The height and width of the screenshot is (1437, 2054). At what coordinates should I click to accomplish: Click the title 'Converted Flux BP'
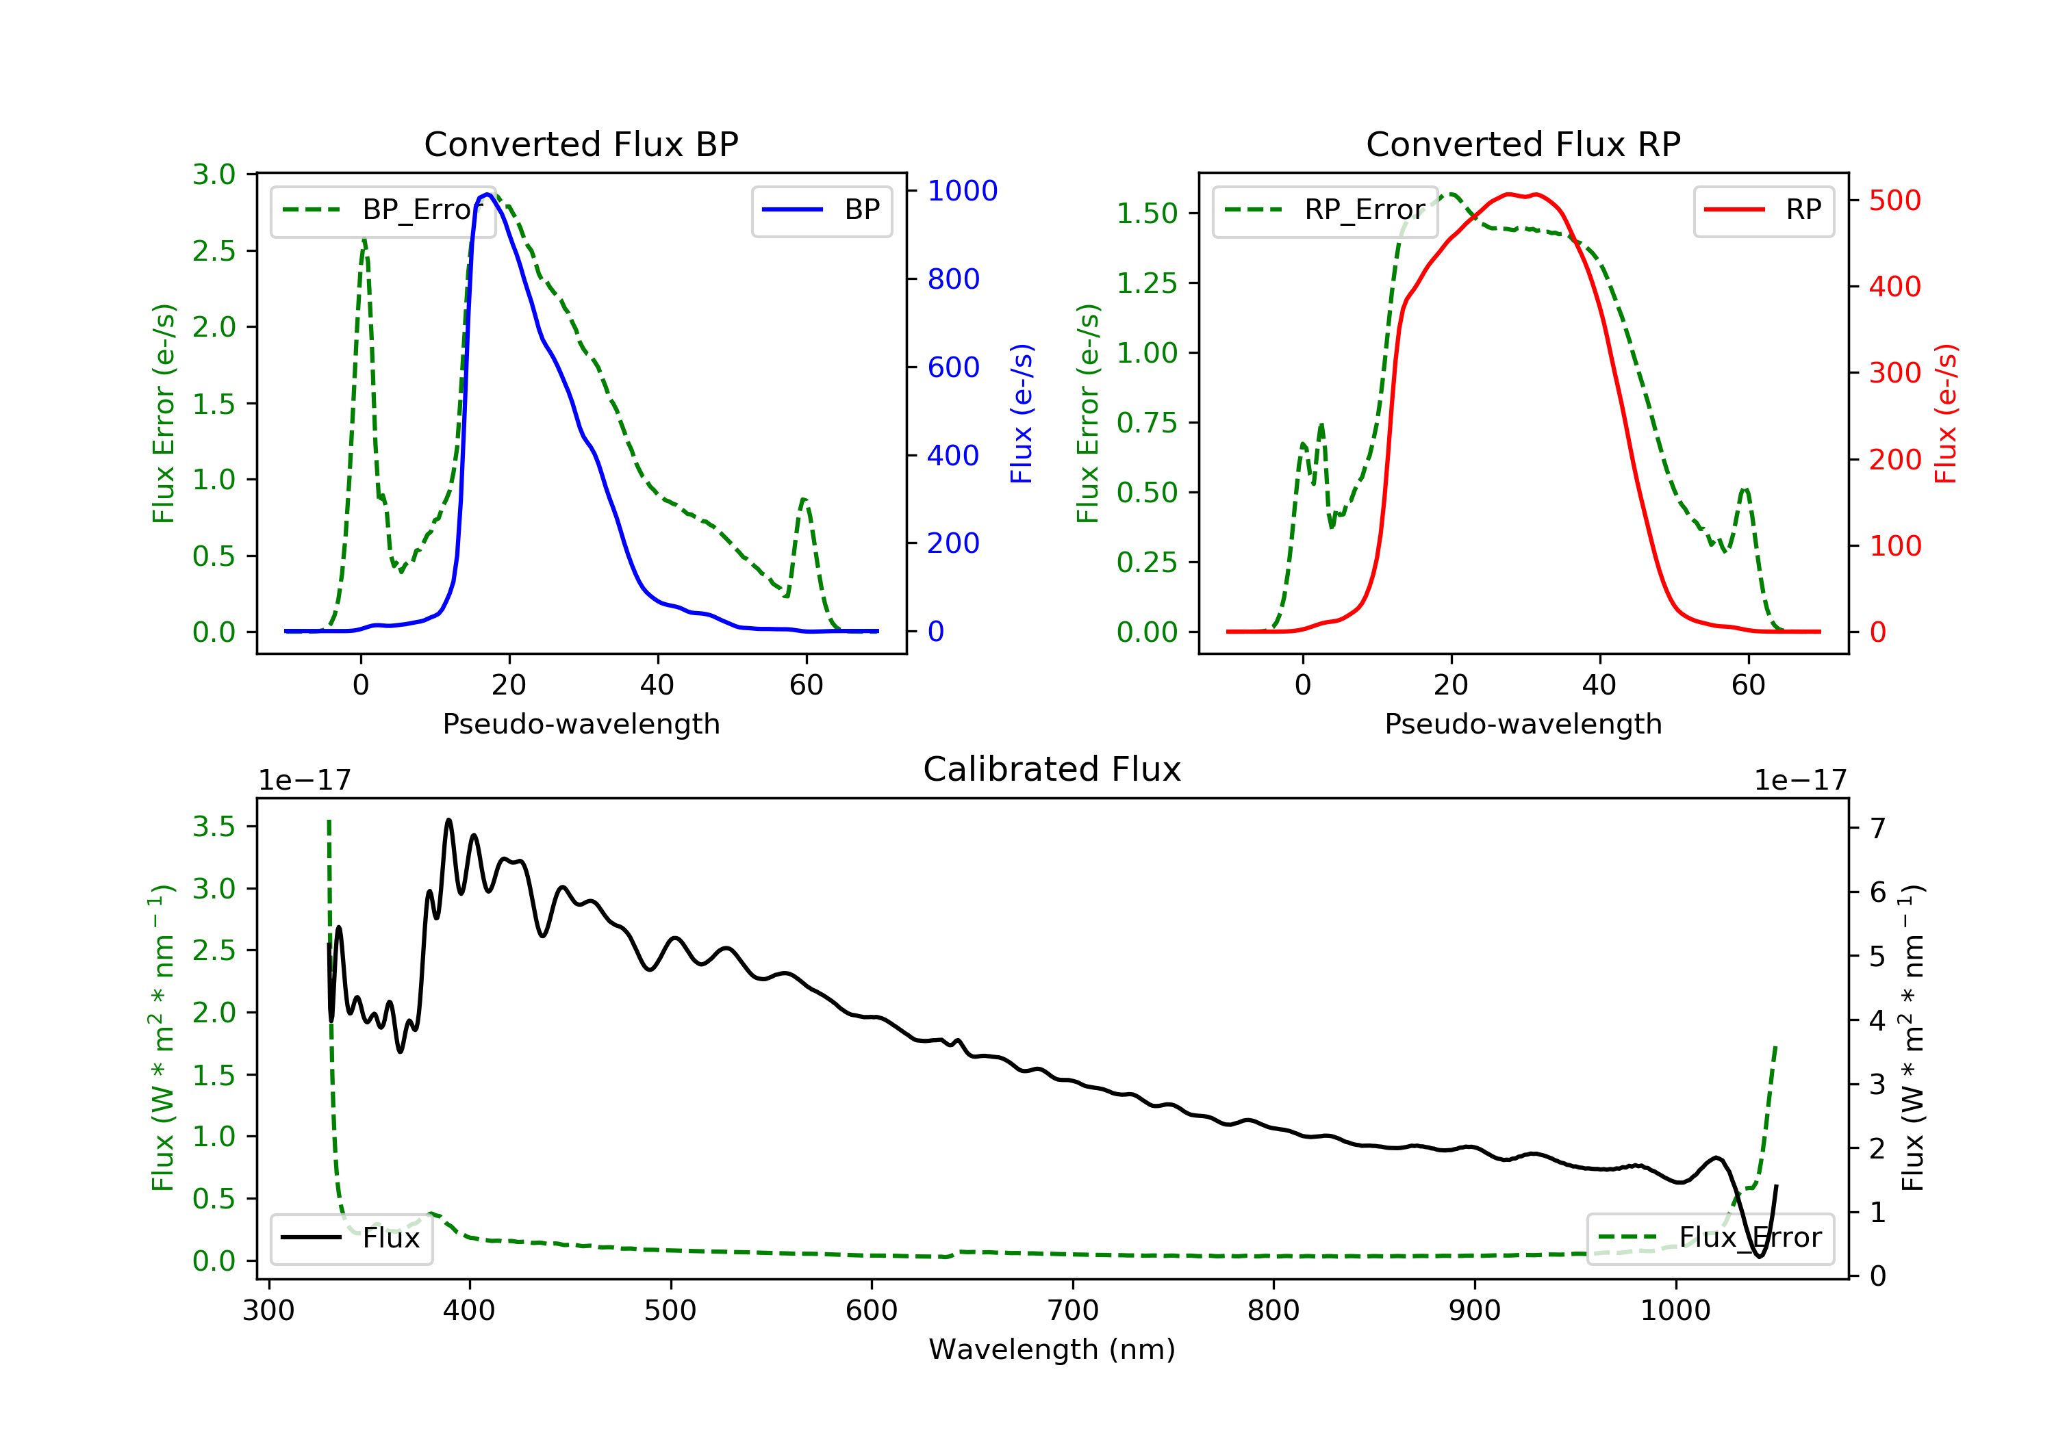click(581, 144)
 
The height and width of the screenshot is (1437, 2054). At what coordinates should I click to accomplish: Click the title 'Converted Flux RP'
click(1523, 144)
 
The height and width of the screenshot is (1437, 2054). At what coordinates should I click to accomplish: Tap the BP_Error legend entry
click(382, 210)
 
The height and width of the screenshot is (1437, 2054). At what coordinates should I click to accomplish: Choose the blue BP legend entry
click(821, 210)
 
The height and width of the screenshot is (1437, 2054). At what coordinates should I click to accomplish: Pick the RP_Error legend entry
click(1324, 210)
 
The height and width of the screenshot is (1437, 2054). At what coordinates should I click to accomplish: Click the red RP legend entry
click(1763, 210)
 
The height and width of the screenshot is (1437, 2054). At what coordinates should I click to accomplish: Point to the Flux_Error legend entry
click(1710, 1238)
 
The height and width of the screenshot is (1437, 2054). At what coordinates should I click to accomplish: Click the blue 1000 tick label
click(963, 190)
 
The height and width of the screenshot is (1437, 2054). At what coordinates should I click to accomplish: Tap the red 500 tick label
click(1894, 200)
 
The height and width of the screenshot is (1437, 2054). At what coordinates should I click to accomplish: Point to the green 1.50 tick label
click(1147, 213)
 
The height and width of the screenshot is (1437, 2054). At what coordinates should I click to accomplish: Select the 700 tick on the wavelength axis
click(1073, 1310)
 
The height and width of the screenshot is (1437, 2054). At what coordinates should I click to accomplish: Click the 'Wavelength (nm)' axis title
click(1052, 1349)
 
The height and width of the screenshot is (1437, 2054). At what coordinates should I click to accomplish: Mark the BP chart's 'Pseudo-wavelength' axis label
click(581, 723)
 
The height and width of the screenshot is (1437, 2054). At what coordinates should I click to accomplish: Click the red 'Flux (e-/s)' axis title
click(1947, 414)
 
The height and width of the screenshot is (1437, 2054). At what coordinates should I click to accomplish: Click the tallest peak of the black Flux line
click(449, 820)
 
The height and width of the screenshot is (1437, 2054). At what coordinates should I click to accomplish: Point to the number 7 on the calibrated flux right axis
click(1878, 828)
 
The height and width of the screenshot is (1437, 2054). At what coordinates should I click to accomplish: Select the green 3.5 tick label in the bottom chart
click(214, 826)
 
